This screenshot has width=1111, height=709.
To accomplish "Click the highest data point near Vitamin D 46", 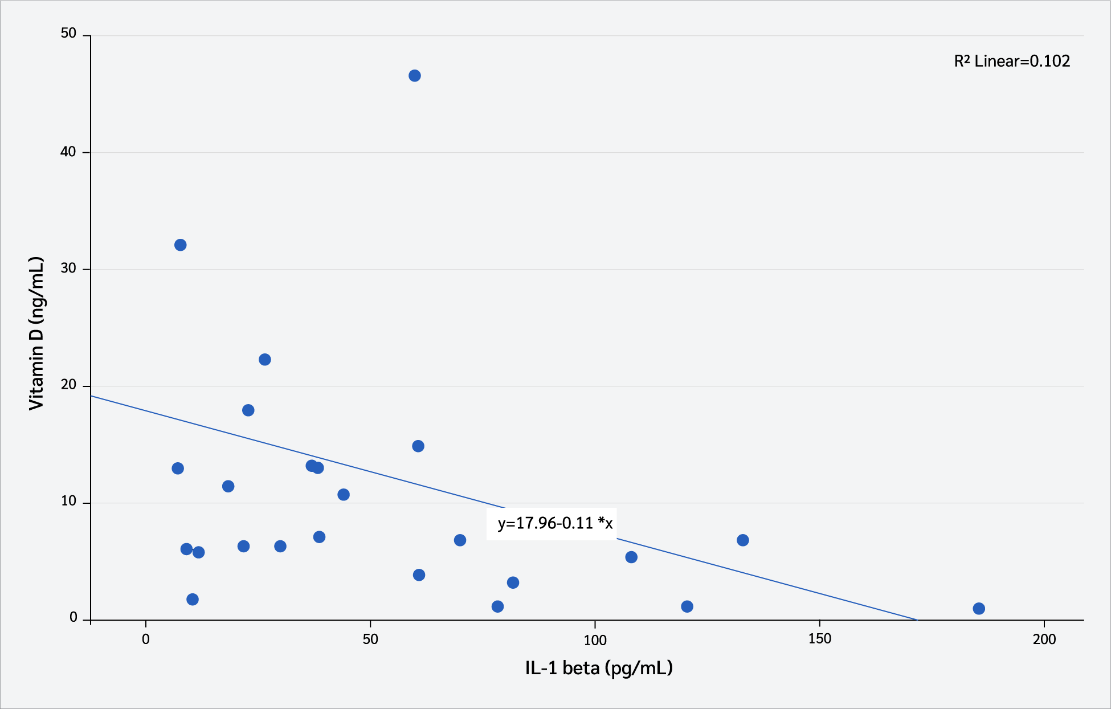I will click(415, 76).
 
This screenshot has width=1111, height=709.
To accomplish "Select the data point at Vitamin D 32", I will click(180, 245).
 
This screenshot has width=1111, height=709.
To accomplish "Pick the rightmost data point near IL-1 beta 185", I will click(979, 609).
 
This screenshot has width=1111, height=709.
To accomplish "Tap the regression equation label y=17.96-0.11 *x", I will click(555, 523).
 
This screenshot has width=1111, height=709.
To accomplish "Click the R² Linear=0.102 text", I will click(1012, 62).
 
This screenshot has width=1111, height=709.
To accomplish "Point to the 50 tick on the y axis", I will click(68, 34).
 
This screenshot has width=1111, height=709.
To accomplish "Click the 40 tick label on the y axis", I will click(68, 152).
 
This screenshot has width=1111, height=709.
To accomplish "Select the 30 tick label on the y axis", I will click(68, 268).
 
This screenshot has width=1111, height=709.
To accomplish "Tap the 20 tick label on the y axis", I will click(68, 385).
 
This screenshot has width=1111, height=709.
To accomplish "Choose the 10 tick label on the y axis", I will click(68, 502).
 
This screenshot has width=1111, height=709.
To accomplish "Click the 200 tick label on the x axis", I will click(1044, 639).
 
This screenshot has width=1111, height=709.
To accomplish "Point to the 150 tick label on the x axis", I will click(819, 639).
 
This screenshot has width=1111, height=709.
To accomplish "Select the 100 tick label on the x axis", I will click(595, 639).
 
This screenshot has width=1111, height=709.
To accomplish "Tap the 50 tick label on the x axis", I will click(370, 639).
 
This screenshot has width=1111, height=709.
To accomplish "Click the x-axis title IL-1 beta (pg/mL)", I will click(599, 667).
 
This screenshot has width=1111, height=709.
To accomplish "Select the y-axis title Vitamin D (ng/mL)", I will click(36, 333).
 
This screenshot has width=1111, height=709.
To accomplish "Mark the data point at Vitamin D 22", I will click(265, 360).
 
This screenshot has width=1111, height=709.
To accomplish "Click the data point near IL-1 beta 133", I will click(742, 540).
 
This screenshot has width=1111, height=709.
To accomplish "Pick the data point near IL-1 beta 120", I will click(687, 606).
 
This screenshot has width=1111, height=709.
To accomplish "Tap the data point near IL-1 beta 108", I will click(631, 557).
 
